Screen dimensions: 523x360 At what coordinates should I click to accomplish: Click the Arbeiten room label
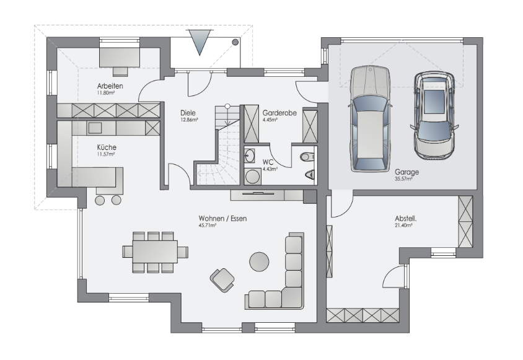(110, 86)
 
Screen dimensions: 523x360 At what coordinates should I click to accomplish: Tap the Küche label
(107, 147)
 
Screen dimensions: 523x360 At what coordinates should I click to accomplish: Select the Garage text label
(407, 172)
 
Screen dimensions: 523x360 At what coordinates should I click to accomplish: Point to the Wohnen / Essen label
(223, 219)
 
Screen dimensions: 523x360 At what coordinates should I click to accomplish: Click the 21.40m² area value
(403, 226)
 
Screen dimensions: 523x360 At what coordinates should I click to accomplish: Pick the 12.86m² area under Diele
(189, 120)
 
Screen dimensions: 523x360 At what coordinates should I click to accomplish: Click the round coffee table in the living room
(259, 261)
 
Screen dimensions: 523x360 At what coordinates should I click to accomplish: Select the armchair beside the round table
(222, 280)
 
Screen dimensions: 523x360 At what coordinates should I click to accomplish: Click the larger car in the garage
(369, 119)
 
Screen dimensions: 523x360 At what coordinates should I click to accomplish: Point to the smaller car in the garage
(434, 115)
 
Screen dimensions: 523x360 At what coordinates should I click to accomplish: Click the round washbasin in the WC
(249, 156)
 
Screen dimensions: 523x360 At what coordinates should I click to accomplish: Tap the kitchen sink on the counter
(95, 128)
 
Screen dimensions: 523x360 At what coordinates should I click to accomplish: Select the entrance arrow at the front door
(200, 42)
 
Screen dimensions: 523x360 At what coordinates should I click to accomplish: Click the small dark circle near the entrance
(235, 42)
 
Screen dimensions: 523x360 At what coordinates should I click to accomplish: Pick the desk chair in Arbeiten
(120, 71)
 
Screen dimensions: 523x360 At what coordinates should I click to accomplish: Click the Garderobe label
(279, 113)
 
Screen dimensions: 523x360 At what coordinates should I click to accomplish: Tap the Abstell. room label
(406, 219)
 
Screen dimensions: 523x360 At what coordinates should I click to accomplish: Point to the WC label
(268, 162)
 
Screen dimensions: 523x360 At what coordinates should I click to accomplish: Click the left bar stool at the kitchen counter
(100, 200)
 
